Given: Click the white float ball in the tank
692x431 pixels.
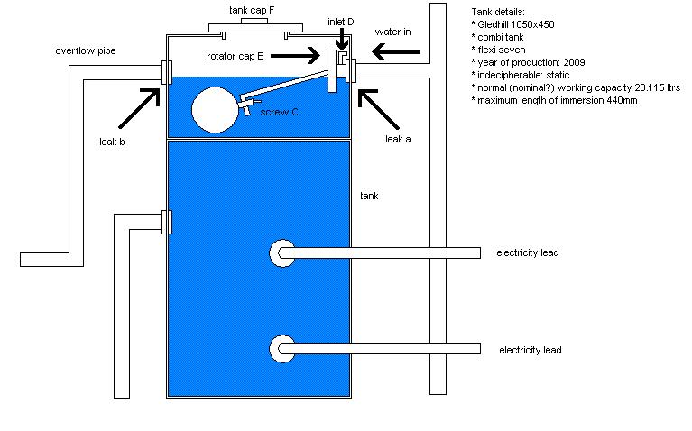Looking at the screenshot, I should click(x=215, y=109).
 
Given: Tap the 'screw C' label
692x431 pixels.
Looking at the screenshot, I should click(x=279, y=113).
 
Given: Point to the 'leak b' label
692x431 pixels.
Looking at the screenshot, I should click(x=112, y=141).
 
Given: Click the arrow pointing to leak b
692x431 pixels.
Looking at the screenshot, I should click(x=134, y=107).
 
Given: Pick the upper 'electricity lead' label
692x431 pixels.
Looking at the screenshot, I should click(x=528, y=253).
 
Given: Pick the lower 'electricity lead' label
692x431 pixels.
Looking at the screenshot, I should click(x=530, y=350).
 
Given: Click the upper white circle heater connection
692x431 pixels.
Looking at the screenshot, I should click(x=282, y=253).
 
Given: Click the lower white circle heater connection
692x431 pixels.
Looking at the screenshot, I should click(x=282, y=347).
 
